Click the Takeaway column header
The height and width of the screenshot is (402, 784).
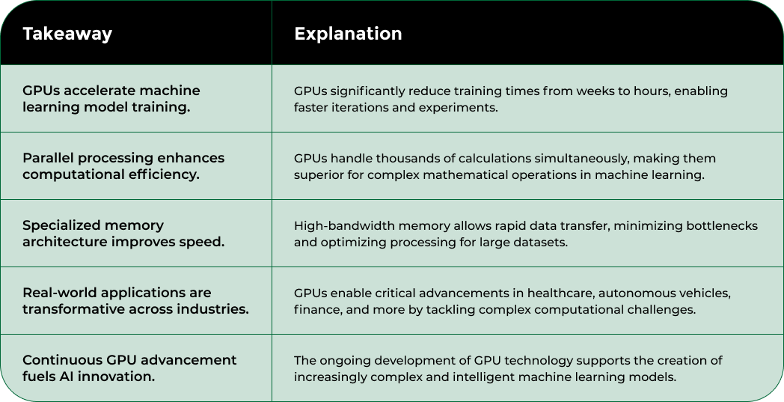(x=67, y=34)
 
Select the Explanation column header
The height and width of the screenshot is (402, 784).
(x=348, y=34)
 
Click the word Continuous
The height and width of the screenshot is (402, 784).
(x=63, y=360)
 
